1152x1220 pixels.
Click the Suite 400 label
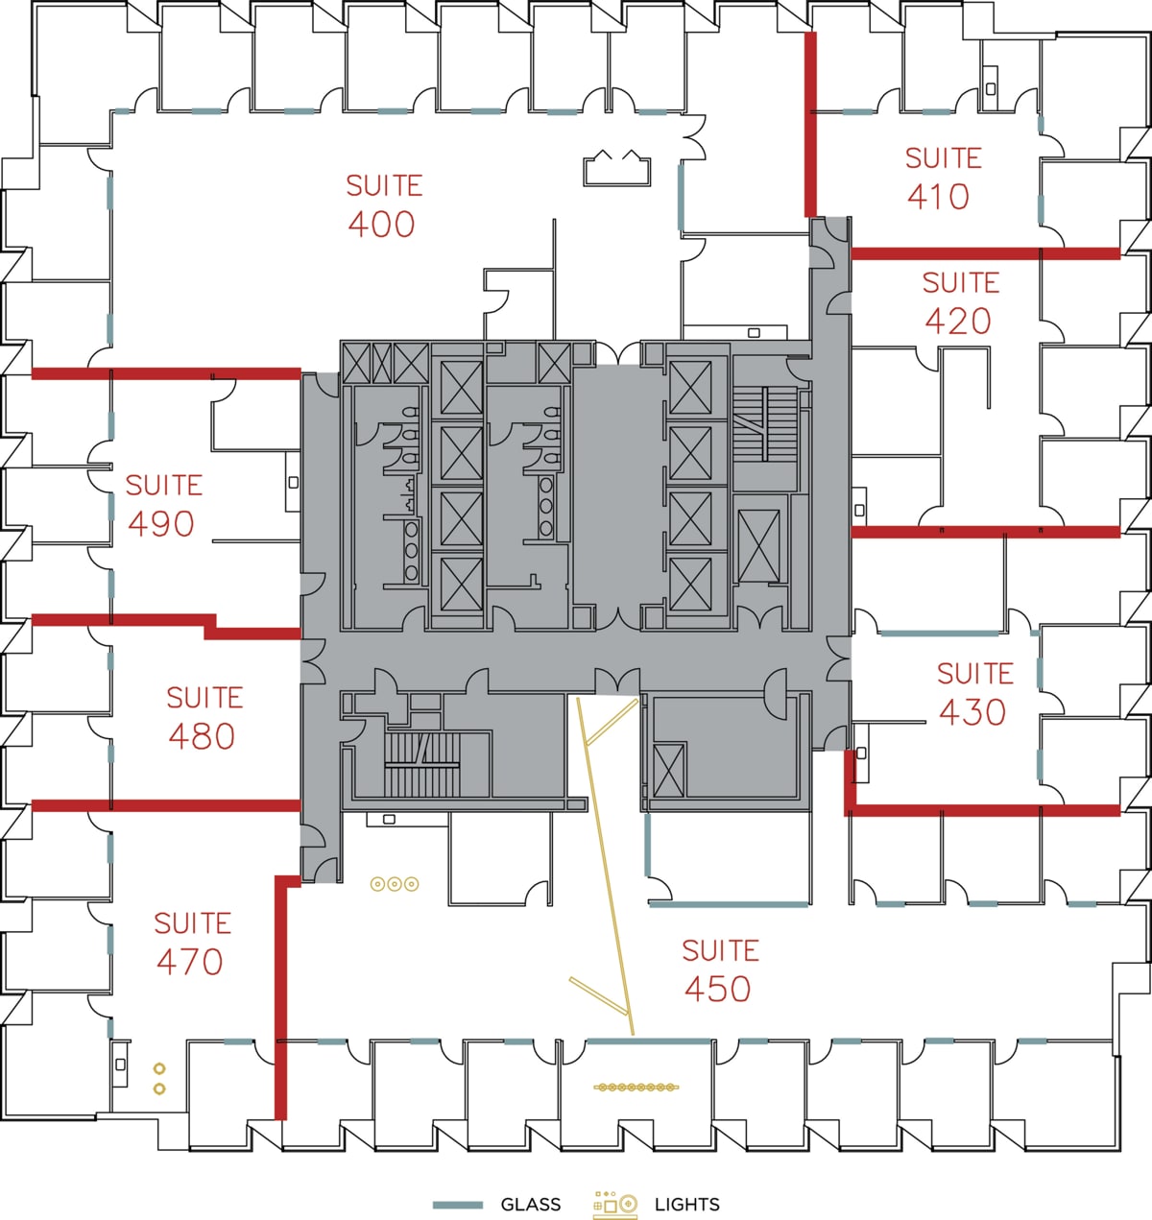(x=383, y=204)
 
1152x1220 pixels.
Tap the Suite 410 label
(x=942, y=178)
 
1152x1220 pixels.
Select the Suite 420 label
(x=959, y=302)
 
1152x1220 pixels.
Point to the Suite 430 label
(x=973, y=693)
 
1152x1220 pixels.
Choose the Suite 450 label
(x=719, y=969)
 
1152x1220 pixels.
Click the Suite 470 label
(x=191, y=943)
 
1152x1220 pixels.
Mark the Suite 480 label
(x=203, y=717)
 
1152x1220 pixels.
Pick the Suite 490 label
(x=162, y=505)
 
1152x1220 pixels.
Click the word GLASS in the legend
(x=530, y=1205)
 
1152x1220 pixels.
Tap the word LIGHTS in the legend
(x=686, y=1205)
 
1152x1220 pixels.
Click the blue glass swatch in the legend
(x=458, y=1205)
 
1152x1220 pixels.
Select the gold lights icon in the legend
(x=615, y=1205)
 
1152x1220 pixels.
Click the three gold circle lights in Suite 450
(x=395, y=884)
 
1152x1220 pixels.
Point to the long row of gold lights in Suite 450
(x=636, y=1088)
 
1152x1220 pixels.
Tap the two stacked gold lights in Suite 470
(x=159, y=1078)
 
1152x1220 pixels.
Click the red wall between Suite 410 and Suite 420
(x=984, y=253)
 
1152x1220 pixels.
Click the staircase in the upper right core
(x=764, y=422)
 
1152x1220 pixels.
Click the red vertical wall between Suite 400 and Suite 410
(x=810, y=125)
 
